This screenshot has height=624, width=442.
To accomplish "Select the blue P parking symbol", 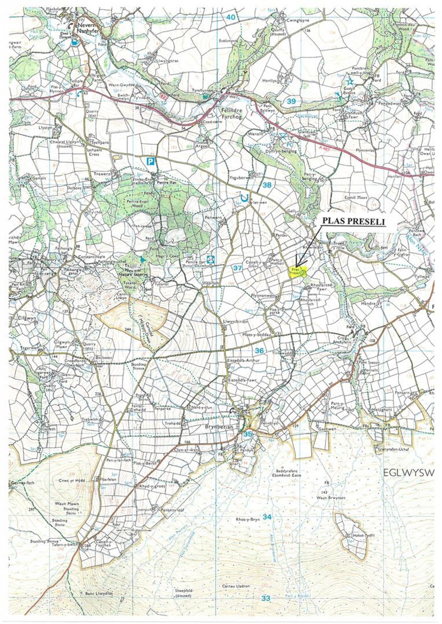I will pos(150,161).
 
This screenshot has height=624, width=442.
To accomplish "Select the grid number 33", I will pos(266,598).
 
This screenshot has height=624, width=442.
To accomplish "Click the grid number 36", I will pos(259,350).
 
